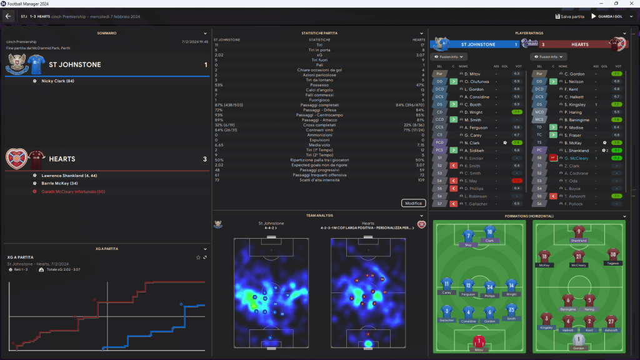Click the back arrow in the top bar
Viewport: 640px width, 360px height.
pyautogui.click(x=8, y=16)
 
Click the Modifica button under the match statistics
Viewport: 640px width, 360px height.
pyautogui.click(x=414, y=203)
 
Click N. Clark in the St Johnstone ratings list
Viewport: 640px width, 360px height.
pyautogui.click(x=472, y=142)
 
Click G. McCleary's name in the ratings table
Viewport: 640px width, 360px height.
pyautogui.click(x=577, y=158)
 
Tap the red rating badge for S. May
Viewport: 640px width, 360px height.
pyautogui.click(x=517, y=181)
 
